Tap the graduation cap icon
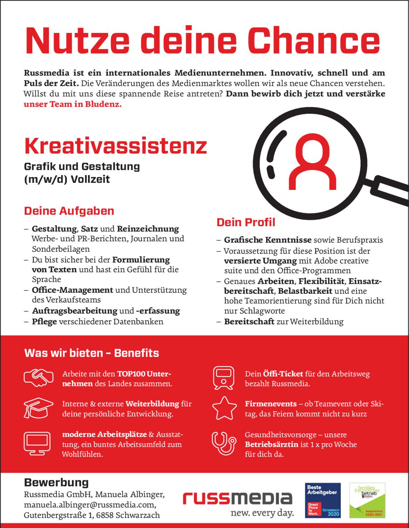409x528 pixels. click(39, 408)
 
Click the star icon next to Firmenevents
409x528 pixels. click(224, 408)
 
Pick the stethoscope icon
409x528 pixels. click(223, 443)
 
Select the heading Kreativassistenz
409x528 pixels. click(116, 146)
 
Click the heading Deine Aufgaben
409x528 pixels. click(69, 211)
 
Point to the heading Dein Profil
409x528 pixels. click(246, 222)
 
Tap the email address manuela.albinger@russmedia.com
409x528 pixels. click(90, 505)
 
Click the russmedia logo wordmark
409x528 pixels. click(237, 498)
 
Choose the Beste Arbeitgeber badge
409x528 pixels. click(323, 500)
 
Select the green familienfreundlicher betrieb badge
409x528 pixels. click(367, 500)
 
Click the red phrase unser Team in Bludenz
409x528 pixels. click(72, 104)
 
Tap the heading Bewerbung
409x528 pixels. click(56, 482)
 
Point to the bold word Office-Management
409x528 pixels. click(72, 290)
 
